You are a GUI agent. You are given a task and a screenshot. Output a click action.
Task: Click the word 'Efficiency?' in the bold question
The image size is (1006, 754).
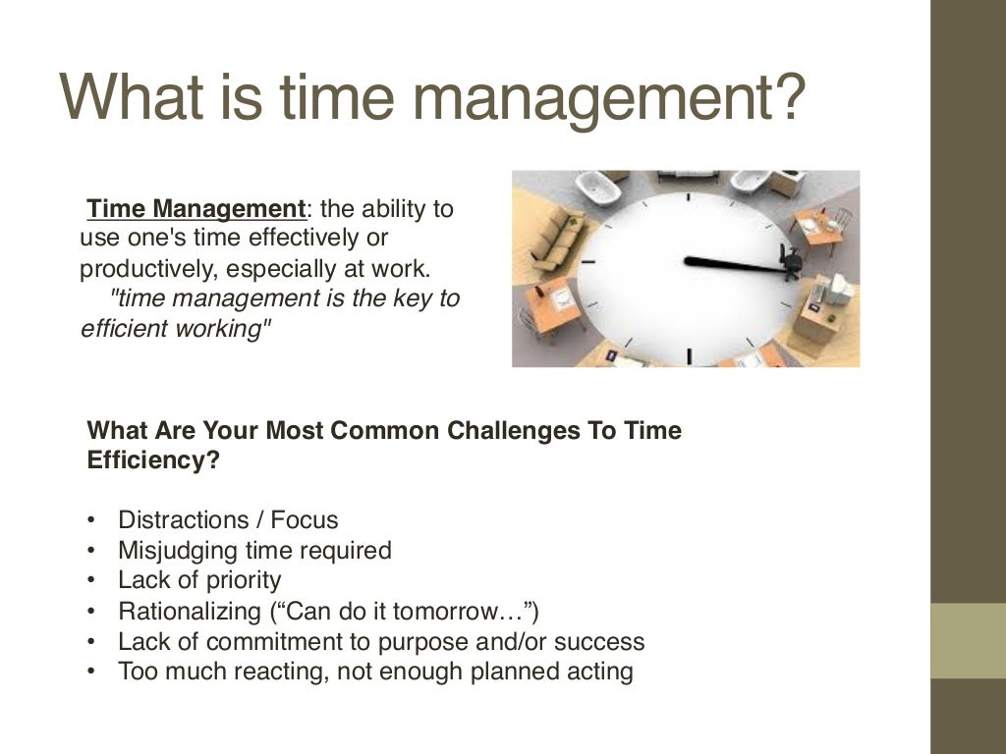(x=153, y=460)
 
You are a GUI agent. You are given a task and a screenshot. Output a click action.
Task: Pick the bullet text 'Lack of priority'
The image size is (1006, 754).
(x=199, y=580)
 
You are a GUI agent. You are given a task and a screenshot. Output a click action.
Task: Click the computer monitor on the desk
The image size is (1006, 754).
(x=836, y=288)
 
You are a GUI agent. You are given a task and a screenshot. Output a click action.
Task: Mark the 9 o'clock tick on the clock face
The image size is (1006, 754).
(x=589, y=263)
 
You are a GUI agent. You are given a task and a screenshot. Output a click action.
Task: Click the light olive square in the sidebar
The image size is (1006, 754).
(x=968, y=640)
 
